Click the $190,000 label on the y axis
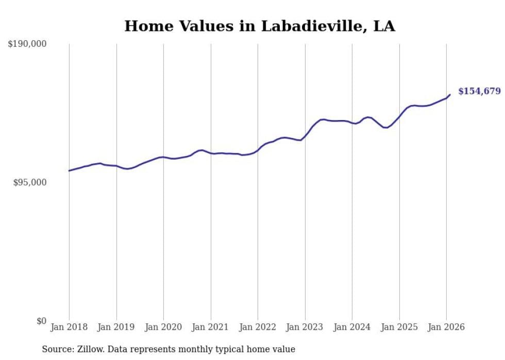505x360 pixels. click(x=27, y=44)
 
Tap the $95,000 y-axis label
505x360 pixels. click(x=30, y=182)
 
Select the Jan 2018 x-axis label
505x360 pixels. click(x=69, y=327)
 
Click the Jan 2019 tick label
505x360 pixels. click(x=116, y=327)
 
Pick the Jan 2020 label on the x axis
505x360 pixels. click(x=163, y=327)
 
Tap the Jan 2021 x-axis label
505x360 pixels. click(x=211, y=327)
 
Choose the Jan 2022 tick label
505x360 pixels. click(x=258, y=327)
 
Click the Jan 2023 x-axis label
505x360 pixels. click(x=305, y=327)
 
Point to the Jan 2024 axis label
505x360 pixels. click(x=352, y=327)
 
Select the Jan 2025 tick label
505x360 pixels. click(x=399, y=327)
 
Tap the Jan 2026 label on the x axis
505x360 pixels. click(x=446, y=327)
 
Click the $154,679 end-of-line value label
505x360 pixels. click(x=479, y=91)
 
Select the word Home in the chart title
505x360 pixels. click(x=146, y=26)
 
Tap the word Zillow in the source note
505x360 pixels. click(x=91, y=349)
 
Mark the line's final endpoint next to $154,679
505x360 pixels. click(x=450, y=94)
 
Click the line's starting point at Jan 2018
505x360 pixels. click(x=69, y=170)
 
